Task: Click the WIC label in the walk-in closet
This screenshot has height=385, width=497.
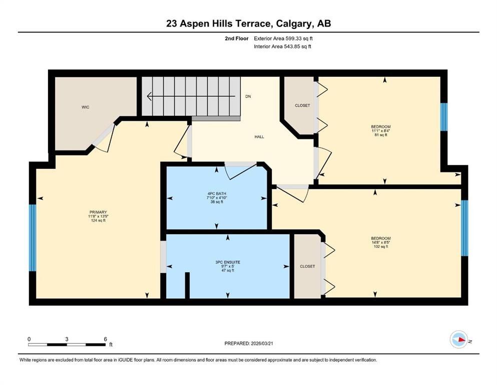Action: point(85,107)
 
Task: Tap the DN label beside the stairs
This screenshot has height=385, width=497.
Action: point(248,96)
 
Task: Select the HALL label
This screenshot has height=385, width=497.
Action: point(259,137)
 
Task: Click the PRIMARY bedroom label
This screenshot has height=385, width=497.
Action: point(98,213)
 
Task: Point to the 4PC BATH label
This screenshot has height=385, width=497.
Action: point(217,194)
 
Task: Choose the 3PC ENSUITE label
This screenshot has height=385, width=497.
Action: point(228,262)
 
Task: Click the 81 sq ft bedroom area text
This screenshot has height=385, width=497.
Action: point(381,135)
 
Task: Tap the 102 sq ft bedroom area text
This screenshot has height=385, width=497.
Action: point(381,246)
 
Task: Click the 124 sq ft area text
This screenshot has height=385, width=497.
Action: point(98,220)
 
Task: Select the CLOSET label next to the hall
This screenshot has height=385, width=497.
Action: point(302,105)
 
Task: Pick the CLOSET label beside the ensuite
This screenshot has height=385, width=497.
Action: point(307,266)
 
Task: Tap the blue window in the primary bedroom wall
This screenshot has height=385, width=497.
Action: point(33,238)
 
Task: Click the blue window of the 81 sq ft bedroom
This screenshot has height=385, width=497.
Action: point(444,117)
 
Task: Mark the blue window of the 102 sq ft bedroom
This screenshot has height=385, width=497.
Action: point(464,228)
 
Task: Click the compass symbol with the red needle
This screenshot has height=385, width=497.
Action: point(458,339)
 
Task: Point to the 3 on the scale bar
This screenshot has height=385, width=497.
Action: point(67,339)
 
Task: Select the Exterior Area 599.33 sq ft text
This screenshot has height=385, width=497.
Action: point(283,39)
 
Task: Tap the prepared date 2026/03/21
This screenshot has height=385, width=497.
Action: point(262,343)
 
